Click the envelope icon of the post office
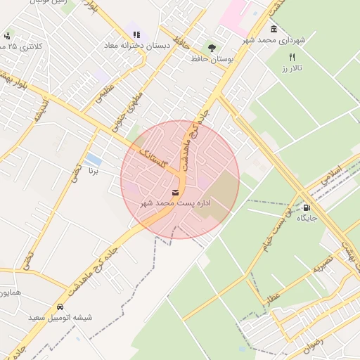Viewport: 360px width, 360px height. pos(175,193)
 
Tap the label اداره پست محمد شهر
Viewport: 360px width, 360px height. pos(176,203)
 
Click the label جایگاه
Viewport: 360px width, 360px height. pos(307,219)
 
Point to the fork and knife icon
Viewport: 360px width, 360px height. pos(292,58)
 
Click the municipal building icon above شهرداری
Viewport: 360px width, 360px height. pos(274,30)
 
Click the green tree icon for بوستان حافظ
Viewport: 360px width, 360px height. pos(212,47)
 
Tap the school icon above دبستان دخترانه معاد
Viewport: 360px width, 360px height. pos(136,34)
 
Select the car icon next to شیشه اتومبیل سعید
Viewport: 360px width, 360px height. pos(60,307)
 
